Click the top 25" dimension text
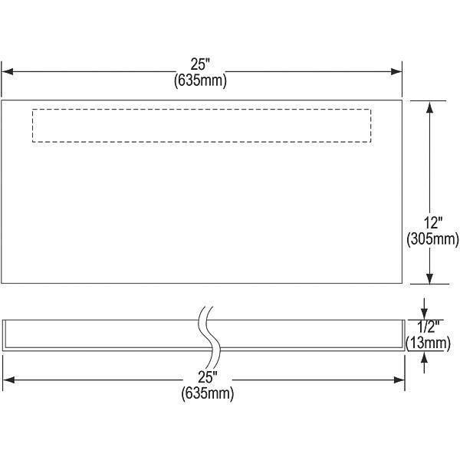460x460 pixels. click(x=201, y=64)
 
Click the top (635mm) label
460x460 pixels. click(x=200, y=80)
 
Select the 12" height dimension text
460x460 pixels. click(x=433, y=223)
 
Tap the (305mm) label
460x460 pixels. click(x=432, y=238)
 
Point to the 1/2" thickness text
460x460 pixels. click(x=428, y=327)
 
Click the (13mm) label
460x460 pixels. click(x=428, y=343)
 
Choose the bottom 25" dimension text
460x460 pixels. click(x=208, y=377)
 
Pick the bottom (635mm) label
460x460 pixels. click(x=208, y=393)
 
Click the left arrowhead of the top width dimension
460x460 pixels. click(x=7, y=71)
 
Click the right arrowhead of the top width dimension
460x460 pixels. click(x=396, y=71)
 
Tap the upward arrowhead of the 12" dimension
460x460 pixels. click(x=430, y=107)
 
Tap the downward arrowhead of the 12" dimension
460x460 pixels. click(x=430, y=278)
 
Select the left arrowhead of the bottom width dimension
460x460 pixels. click(x=8, y=380)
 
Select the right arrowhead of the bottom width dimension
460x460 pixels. click(x=399, y=380)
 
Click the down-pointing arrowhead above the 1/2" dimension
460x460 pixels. click(x=424, y=314)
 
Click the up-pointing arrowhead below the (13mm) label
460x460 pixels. click(x=424, y=357)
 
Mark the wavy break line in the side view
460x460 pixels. click(x=209, y=337)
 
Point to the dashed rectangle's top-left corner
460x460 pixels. click(x=32, y=110)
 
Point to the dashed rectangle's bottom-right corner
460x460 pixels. click(x=371, y=142)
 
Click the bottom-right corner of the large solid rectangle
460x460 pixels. click(x=402, y=283)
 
